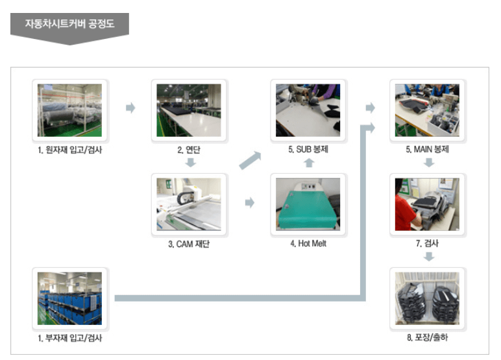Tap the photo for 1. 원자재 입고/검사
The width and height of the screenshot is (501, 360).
(69, 110)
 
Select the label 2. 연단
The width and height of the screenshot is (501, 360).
(189, 150)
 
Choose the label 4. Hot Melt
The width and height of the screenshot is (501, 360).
(308, 244)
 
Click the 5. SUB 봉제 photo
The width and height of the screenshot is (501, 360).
(308, 110)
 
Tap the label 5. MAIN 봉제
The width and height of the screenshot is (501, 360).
(428, 150)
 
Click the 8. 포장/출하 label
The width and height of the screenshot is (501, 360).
(428, 338)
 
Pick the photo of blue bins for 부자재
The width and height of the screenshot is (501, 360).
(69, 298)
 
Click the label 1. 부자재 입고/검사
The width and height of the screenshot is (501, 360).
(69, 338)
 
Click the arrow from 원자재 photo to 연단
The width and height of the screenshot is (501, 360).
(130, 108)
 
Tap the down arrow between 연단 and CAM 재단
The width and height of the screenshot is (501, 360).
(189, 163)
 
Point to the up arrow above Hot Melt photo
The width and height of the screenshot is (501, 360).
(309, 163)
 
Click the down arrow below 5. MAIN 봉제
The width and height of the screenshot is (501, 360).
(428, 163)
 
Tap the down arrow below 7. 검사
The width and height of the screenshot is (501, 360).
(428, 257)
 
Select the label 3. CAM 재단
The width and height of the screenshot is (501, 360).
(189, 244)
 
